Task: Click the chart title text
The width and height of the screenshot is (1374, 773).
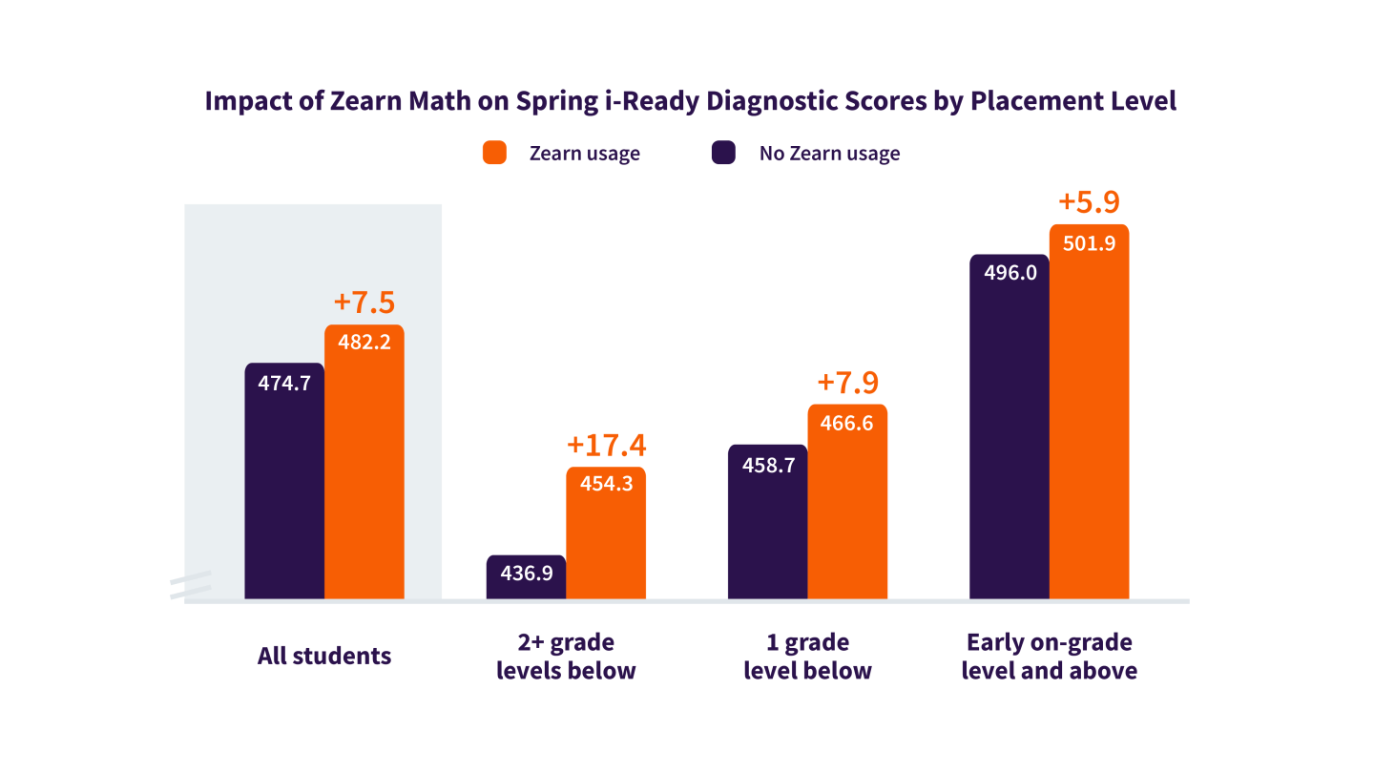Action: click(690, 101)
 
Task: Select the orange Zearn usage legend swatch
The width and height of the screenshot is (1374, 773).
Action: click(493, 153)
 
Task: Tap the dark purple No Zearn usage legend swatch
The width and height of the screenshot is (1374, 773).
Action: click(724, 153)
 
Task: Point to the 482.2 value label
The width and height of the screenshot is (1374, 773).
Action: click(364, 343)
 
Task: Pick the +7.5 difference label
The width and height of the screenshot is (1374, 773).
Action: click(364, 303)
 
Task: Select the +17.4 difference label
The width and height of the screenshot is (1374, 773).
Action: click(606, 445)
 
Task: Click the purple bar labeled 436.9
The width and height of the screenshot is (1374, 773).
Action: click(526, 577)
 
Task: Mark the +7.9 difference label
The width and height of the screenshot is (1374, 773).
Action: click(847, 383)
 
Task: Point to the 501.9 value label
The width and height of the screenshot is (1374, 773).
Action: click(1089, 242)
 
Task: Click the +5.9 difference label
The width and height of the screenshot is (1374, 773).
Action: click(1089, 202)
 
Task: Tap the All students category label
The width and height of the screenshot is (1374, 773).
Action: click(324, 657)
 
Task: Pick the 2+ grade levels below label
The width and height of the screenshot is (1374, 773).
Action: click(566, 657)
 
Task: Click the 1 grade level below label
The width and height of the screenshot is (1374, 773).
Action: click(807, 657)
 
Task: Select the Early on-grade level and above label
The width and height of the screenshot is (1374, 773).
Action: click(1049, 657)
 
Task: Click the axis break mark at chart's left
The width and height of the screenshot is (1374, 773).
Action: click(190, 586)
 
